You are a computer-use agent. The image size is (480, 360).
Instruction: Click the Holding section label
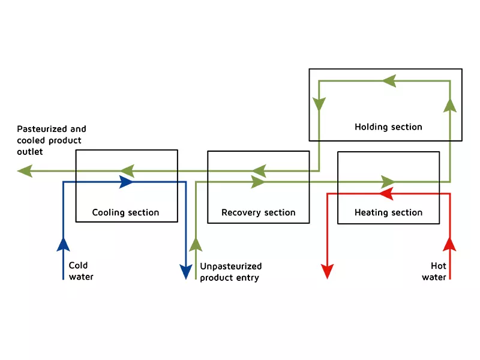tap(388, 127)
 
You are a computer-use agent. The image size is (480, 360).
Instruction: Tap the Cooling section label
tap(125, 212)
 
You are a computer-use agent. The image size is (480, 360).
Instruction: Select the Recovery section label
tap(259, 212)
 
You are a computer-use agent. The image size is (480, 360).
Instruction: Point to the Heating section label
tap(388, 212)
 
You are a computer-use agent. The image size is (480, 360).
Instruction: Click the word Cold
tap(78, 265)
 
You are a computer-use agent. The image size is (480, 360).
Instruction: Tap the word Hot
tap(439, 266)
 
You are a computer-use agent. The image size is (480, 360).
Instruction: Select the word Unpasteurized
tap(231, 266)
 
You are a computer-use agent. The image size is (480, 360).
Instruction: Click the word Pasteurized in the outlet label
tap(42, 129)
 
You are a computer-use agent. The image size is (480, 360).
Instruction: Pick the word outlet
tap(29, 152)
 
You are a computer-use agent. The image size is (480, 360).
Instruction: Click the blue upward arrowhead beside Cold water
tap(64, 245)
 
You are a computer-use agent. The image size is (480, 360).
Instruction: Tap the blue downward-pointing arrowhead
tap(186, 272)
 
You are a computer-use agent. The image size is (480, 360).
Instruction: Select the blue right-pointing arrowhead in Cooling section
tap(126, 182)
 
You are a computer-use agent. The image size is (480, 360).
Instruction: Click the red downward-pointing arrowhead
tap(327, 271)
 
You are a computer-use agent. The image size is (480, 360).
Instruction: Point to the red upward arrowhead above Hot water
tap(449, 244)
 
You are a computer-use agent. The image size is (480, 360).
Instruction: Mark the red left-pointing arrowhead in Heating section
tap(386, 193)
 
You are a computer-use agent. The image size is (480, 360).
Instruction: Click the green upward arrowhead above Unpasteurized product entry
tap(196, 245)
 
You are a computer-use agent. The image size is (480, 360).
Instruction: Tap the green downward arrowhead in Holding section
tap(319, 104)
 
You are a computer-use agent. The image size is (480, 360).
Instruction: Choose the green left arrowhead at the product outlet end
tap(25, 171)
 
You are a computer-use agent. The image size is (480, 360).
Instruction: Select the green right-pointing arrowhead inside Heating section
tap(388, 182)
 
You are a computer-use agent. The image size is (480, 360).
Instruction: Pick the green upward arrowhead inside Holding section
tap(450, 106)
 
